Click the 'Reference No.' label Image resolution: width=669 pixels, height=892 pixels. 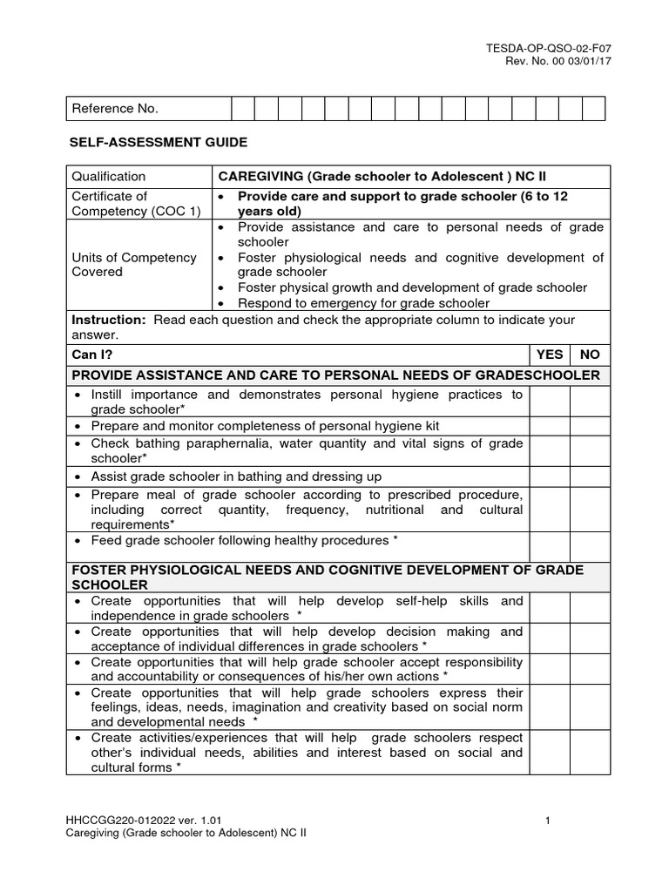click(114, 109)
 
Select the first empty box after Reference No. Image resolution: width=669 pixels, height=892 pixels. click(242, 109)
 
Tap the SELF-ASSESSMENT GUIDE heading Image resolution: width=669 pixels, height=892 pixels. click(158, 141)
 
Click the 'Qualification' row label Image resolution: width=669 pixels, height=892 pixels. click(109, 176)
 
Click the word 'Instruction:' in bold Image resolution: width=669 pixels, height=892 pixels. click(110, 320)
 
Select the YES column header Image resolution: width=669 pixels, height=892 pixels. click(550, 355)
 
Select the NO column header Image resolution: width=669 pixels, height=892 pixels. click(590, 355)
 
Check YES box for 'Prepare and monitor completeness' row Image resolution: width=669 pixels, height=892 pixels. click(550, 426)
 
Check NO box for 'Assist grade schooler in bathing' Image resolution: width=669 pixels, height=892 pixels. click(590, 476)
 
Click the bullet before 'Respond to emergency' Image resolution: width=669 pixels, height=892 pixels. click(223, 303)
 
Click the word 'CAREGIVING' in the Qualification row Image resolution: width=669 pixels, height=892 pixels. click(259, 176)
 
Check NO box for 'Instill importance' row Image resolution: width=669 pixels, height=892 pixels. click(590, 402)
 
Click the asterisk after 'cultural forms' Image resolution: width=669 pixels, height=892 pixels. click(179, 767)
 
